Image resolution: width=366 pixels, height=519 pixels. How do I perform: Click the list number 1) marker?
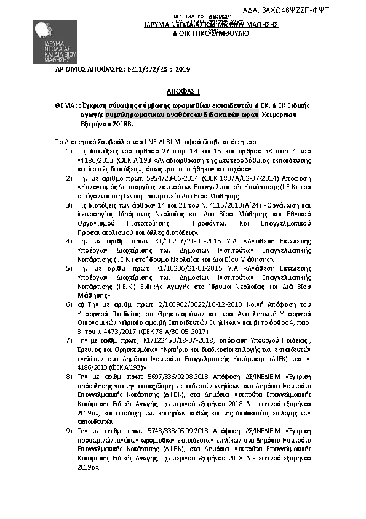[x=68, y=150]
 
